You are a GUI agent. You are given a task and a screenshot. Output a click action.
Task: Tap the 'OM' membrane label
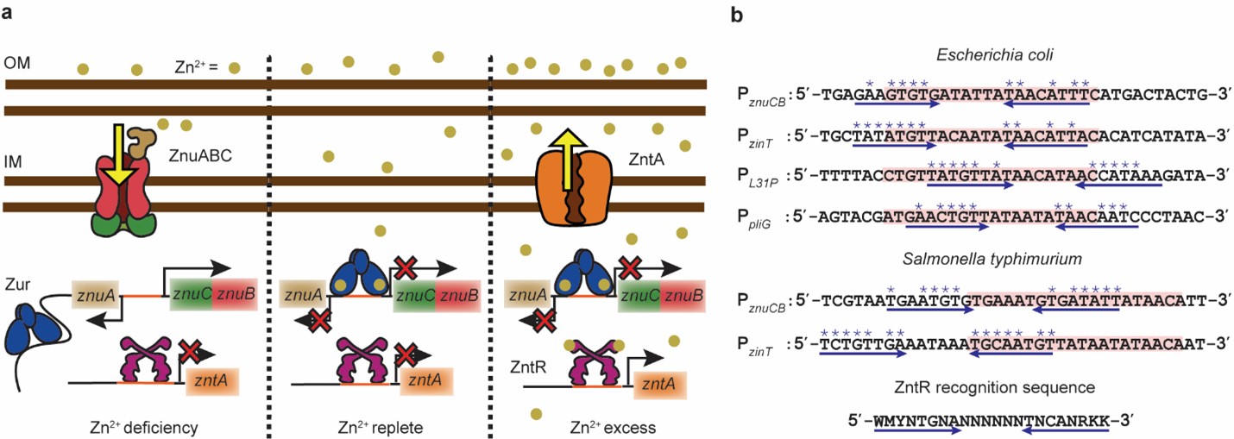(x=16, y=65)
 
